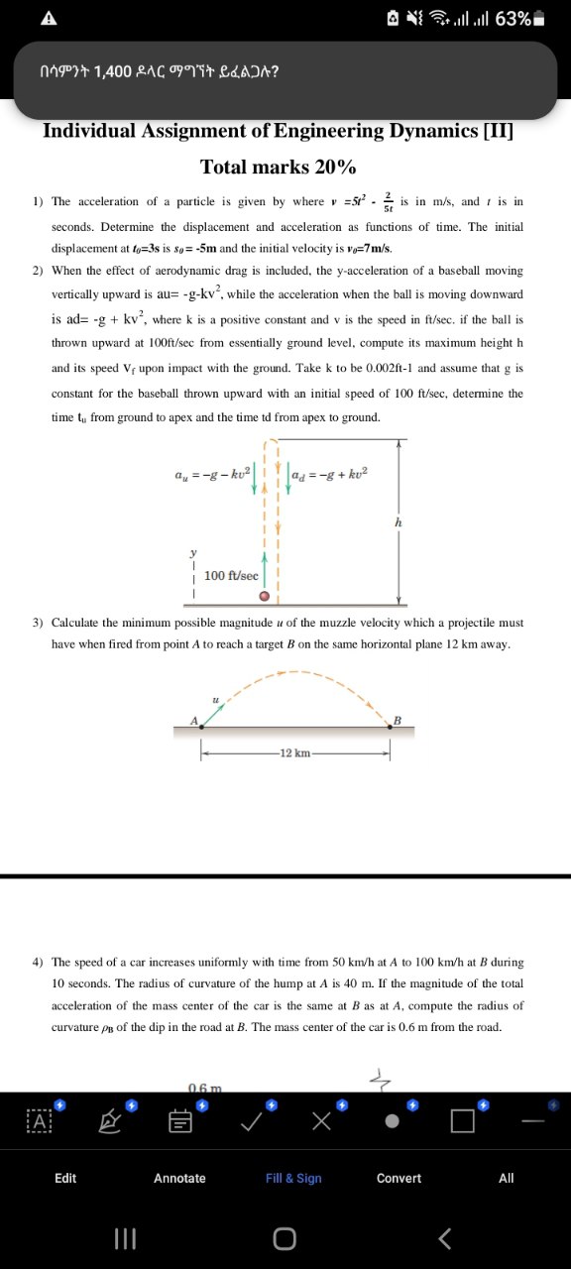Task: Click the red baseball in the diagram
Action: pos(265,597)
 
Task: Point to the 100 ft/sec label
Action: pos(231,576)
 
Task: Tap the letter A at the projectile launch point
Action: pos(195,720)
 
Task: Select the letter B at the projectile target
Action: pos(397,719)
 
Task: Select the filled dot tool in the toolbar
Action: pos(393,1121)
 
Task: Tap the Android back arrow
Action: pos(445,1238)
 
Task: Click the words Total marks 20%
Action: pos(279,166)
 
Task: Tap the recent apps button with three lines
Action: pos(124,1238)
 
